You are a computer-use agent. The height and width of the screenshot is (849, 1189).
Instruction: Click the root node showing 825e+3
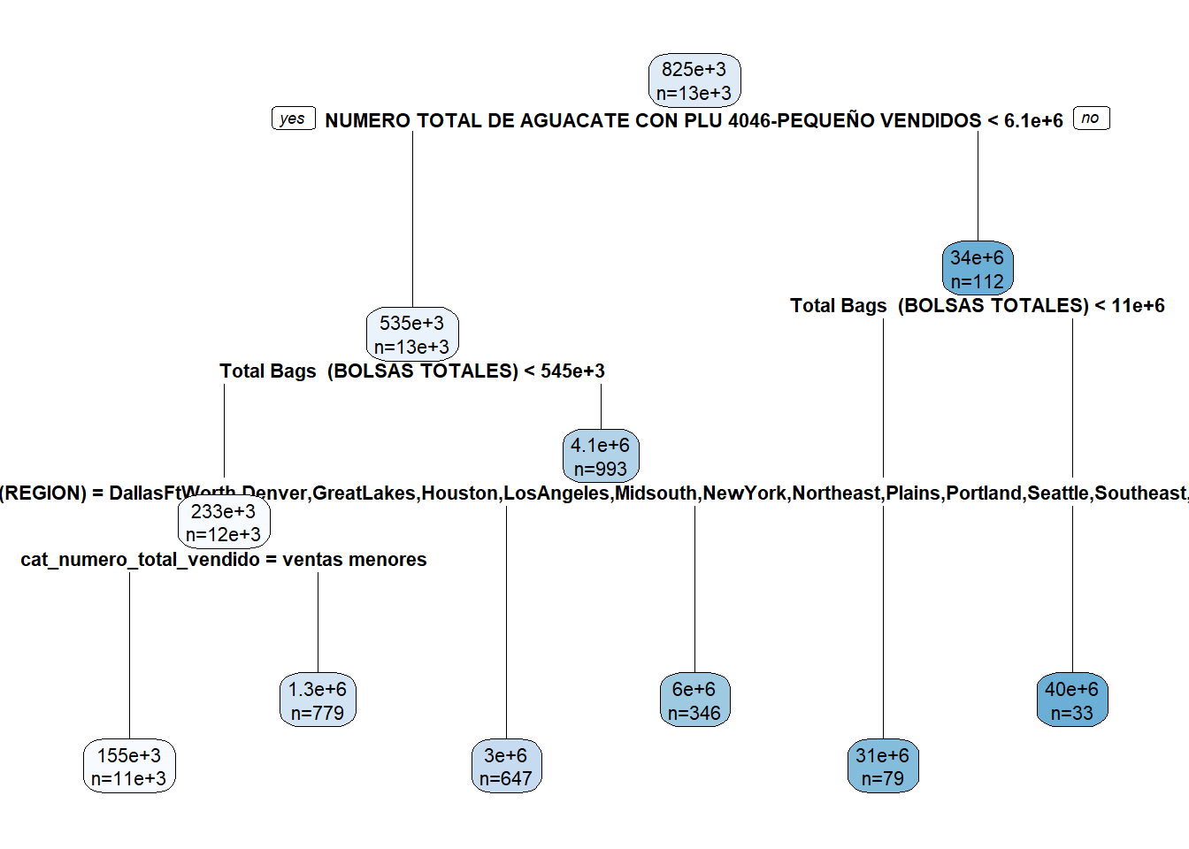pyautogui.click(x=694, y=80)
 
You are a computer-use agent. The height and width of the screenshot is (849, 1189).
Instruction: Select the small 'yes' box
pyautogui.click(x=293, y=119)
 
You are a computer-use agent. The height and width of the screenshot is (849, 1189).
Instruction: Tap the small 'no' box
pyautogui.click(x=1091, y=119)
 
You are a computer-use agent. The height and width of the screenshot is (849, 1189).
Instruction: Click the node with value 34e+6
pyautogui.click(x=978, y=269)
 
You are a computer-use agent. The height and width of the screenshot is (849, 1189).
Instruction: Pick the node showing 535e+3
pyautogui.click(x=412, y=334)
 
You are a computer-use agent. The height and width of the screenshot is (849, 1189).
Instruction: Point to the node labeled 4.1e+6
pyautogui.click(x=601, y=456)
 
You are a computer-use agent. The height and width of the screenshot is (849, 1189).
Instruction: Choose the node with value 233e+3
pyautogui.click(x=224, y=523)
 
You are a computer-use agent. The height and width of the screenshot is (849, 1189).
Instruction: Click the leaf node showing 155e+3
pyautogui.click(x=129, y=767)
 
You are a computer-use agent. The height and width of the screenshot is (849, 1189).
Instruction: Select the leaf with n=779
pyautogui.click(x=318, y=700)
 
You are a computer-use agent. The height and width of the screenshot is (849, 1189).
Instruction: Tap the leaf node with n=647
pyautogui.click(x=506, y=767)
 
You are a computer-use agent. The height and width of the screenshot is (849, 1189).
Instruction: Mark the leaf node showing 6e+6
pyautogui.click(x=694, y=700)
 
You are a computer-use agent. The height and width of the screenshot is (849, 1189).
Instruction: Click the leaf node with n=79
pyautogui.click(x=883, y=767)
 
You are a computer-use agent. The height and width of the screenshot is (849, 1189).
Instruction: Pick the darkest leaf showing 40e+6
pyautogui.click(x=1071, y=700)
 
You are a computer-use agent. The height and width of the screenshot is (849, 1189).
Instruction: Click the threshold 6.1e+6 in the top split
pyautogui.click(x=1033, y=121)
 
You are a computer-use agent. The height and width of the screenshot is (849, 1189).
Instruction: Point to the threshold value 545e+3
pyautogui.click(x=572, y=371)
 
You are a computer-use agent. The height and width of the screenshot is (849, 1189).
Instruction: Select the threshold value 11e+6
pyautogui.click(x=1138, y=306)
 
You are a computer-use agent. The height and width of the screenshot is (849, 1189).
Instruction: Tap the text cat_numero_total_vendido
pyautogui.click(x=140, y=560)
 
